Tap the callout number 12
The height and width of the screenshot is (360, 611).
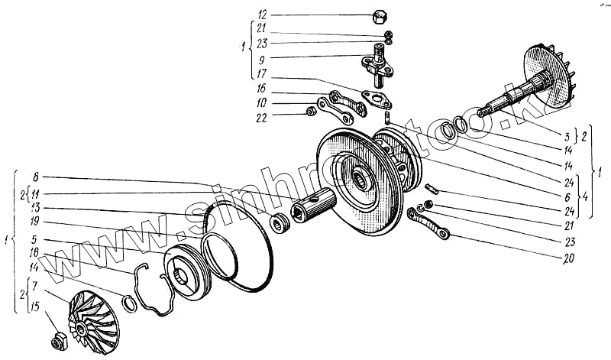point(263,15)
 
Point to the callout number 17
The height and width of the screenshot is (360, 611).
point(263,75)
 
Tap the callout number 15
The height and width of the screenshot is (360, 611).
point(35,307)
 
